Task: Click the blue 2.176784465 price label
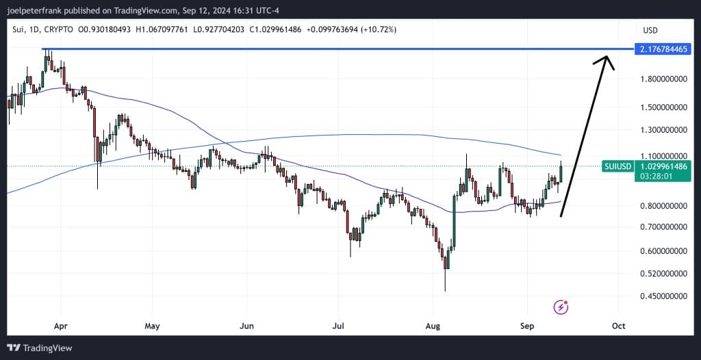[x=662, y=49]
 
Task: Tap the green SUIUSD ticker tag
[x=617, y=166]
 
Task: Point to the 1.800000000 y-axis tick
[x=663, y=79]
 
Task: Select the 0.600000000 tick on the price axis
[x=663, y=251]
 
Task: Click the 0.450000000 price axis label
[x=663, y=296]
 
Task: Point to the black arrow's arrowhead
[x=604, y=60]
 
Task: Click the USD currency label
[x=650, y=30]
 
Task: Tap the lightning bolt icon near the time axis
[x=561, y=307]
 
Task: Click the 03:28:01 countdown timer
[x=655, y=176]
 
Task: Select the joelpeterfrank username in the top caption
[x=36, y=10]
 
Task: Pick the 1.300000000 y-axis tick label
[x=663, y=129]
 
